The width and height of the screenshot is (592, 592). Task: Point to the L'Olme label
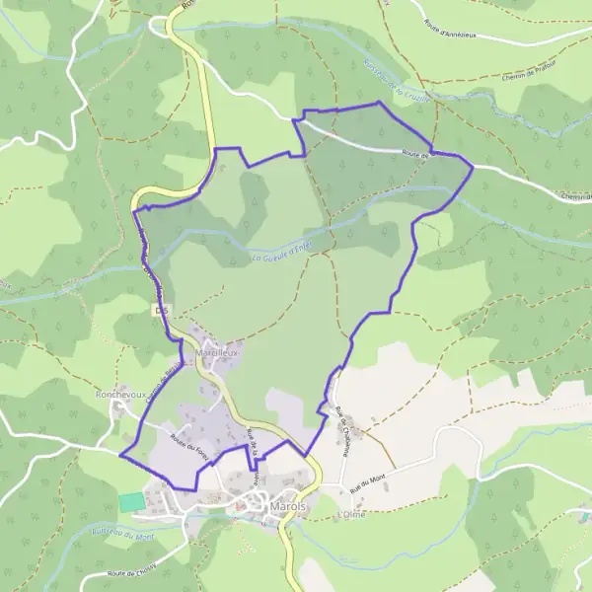[x=350, y=515]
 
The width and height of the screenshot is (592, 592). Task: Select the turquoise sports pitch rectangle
[x=131, y=501]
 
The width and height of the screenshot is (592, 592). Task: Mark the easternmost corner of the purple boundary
[x=474, y=168]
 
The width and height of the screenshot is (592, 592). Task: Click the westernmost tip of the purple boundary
[x=119, y=456]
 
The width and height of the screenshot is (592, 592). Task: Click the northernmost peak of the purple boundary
[x=379, y=102]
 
